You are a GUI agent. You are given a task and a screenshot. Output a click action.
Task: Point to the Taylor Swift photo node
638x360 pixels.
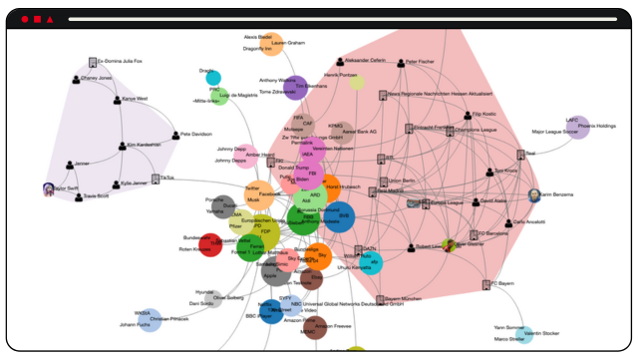tap(49, 187)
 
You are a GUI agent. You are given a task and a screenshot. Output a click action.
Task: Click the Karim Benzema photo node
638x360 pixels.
tap(534, 195)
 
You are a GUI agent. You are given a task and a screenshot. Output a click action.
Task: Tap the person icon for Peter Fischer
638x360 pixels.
tap(399, 63)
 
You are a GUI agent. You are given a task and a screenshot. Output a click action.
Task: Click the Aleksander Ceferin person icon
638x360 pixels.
tap(340, 61)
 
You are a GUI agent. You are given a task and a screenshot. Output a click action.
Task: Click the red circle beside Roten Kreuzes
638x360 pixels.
tap(210, 244)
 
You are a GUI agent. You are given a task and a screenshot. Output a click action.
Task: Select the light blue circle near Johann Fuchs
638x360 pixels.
tap(149, 319)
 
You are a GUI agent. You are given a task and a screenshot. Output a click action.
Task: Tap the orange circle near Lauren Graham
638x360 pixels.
tap(272, 46)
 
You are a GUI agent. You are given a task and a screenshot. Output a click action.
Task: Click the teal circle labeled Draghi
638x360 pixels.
tap(213, 78)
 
